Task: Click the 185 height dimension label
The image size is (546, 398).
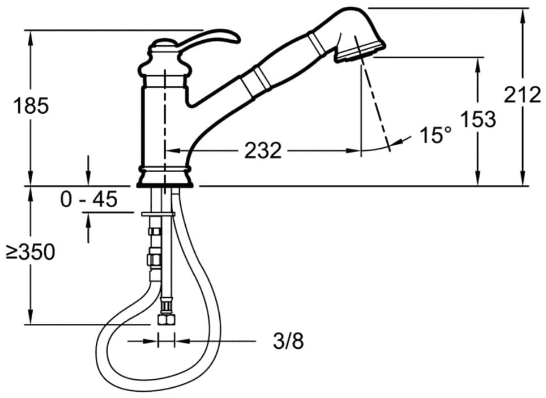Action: tap(31, 106)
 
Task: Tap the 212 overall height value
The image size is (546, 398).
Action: tap(522, 95)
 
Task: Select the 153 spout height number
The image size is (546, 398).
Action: tap(478, 119)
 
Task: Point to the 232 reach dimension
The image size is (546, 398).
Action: tap(263, 151)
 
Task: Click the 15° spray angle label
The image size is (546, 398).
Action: tap(435, 135)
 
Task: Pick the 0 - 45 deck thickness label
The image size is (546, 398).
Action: tap(89, 199)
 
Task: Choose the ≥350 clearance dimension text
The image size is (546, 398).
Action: tap(31, 252)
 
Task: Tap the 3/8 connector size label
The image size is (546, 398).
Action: tap(288, 341)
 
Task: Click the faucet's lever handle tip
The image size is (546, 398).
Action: tap(238, 39)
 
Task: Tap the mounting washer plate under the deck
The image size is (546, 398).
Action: tap(158, 214)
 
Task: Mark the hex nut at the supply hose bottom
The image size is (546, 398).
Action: tap(166, 319)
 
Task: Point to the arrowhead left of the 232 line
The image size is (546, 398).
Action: tap(172, 151)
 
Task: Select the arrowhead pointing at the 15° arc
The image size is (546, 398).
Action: tap(396, 142)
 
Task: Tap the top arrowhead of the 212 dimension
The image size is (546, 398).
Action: tap(522, 15)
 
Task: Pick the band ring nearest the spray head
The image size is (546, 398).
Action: tap(316, 42)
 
